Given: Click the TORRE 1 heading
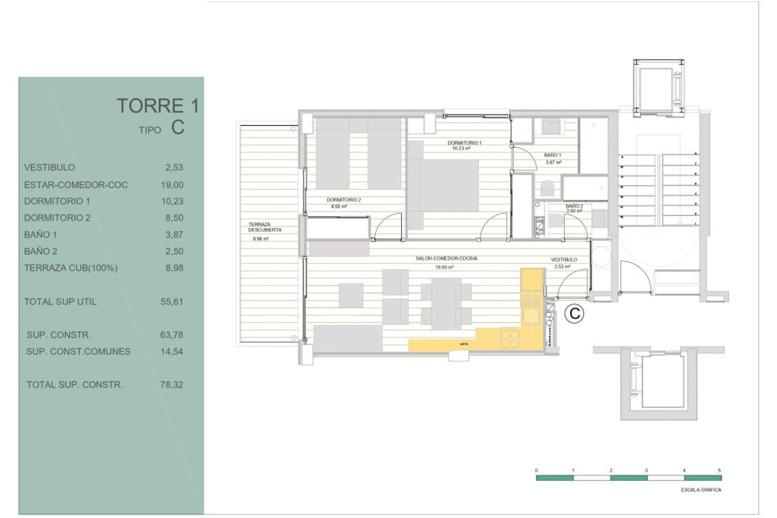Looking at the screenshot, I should [x=158, y=106].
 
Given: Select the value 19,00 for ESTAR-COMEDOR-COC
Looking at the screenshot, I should [x=172, y=185].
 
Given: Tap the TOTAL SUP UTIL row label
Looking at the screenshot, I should [x=60, y=301].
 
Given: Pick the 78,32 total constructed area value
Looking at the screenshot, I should [x=172, y=385].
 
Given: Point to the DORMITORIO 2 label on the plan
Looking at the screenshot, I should [x=344, y=200].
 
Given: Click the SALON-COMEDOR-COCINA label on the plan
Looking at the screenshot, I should [x=446, y=259].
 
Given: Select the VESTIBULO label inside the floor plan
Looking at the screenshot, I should [x=564, y=260].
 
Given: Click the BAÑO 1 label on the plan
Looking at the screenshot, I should [x=552, y=155].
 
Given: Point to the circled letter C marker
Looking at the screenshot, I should [x=574, y=314].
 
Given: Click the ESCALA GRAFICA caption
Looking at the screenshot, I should [x=701, y=490].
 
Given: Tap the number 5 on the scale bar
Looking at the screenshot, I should [x=720, y=471].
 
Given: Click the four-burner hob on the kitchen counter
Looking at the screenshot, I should [x=510, y=339].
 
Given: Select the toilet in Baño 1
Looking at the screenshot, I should [x=548, y=189].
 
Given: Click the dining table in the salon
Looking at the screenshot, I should [x=446, y=303].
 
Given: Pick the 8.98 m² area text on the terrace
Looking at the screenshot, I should [x=261, y=239].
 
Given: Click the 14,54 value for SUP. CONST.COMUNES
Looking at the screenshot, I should [x=172, y=352].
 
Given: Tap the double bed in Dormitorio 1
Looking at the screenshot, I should [x=448, y=185].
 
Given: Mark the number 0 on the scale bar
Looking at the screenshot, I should [x=537, y=471].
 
